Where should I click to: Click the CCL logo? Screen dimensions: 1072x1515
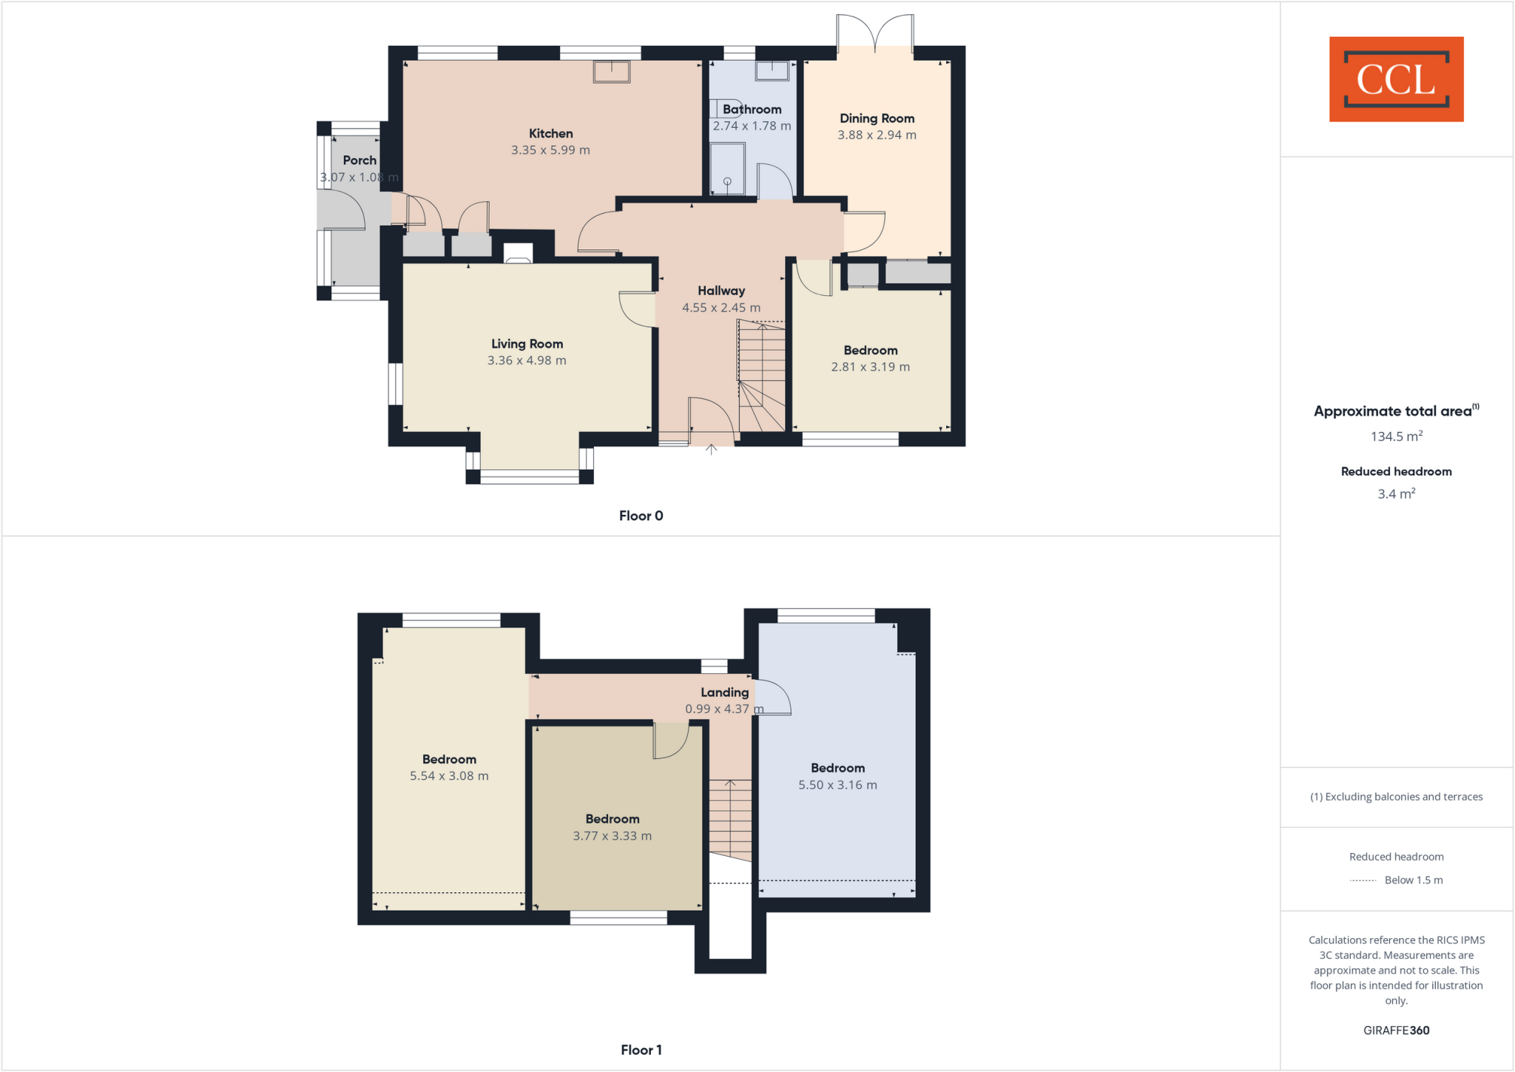[x=1396, y=79]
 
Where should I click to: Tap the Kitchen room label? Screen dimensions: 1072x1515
[x=550, y=134]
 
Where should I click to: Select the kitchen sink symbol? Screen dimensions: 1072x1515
[x=611, y=72]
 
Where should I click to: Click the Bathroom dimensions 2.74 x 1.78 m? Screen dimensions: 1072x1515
[x=752, y=127]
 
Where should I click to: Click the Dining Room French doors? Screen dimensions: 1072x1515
[x=875, y=33]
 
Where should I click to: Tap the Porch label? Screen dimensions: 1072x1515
[x=360, y=161]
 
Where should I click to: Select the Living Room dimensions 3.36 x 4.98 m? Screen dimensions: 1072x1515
[x=527, y=361]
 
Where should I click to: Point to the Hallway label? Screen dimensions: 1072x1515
[x=721, y=291]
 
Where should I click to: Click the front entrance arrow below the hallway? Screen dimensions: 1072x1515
[x=711, y=449]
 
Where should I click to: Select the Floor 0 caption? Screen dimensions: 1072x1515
[x=641, y=516]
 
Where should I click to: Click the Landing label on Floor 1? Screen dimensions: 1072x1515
[x=724, y=692]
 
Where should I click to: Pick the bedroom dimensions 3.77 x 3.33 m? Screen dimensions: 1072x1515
[x=612, y=837]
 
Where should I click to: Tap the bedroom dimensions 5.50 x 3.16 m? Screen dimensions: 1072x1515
[x=837, y=786]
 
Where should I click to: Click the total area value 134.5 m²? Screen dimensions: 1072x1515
[x=1396, y=436]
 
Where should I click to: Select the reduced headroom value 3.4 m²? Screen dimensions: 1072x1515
[x=1396, y=494]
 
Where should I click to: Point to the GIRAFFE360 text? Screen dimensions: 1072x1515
[x=1396, y=1031]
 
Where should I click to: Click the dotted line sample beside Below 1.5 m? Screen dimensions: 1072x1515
[x=1363, y=880]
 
